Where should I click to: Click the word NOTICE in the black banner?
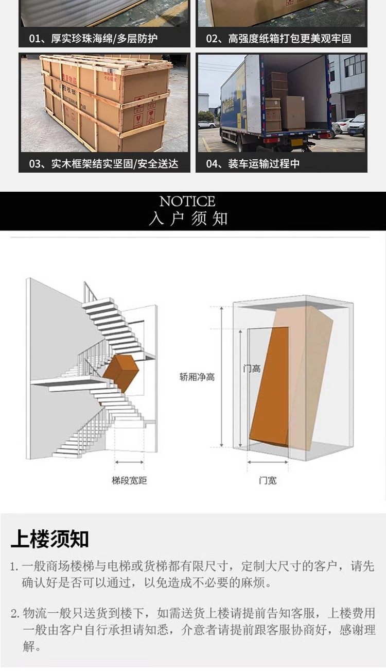pyautogui.click(x=187, y=201)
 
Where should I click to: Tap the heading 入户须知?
pyautogui.click(x=188, y=219)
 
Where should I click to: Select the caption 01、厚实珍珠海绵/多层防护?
pyautogui.click(x=93, y=39)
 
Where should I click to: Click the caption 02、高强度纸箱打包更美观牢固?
pyautogui.click(x=278, y=39)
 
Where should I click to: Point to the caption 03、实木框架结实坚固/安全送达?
pyautogui.click(x=103, y=164)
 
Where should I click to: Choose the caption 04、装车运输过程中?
pyautogui.click(x=253, y=164)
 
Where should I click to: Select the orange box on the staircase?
pyautogui.click(x=119, y=372)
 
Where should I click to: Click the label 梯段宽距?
pyautogui.click(x=129, y=480)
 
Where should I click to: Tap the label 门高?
pyautogui.click(x=252, y=368)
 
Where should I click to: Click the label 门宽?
pyautogui.click(x=267, y=480)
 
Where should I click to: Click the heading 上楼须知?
pyautogui.click(x=49, y=539)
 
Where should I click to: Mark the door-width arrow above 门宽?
pyautogui.click(x=267, y=462)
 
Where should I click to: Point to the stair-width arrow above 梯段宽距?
pyautogui.click(x=129, y=462)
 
